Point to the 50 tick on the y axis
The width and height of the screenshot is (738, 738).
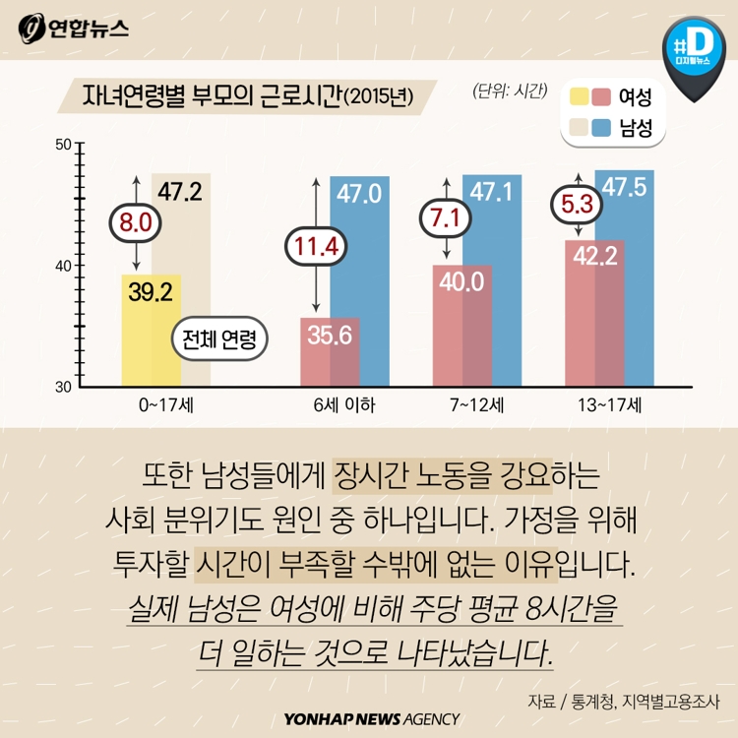pos(62,145)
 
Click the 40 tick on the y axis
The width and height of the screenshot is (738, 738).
pos(62,266)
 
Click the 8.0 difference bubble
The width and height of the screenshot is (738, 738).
pos(136,224)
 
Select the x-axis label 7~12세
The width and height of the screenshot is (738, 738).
pos(477,404)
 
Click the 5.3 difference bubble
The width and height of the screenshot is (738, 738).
pos(578,207)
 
